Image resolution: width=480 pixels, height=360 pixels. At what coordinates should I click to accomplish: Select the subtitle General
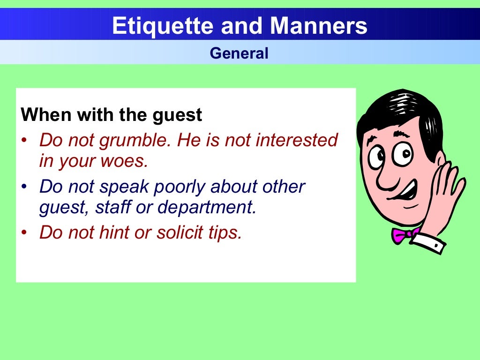[x=239, y=53]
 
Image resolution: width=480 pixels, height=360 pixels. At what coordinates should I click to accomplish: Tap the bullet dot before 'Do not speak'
[x=24, y=187]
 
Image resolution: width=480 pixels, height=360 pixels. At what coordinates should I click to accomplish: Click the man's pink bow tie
[x=403, y=234]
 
